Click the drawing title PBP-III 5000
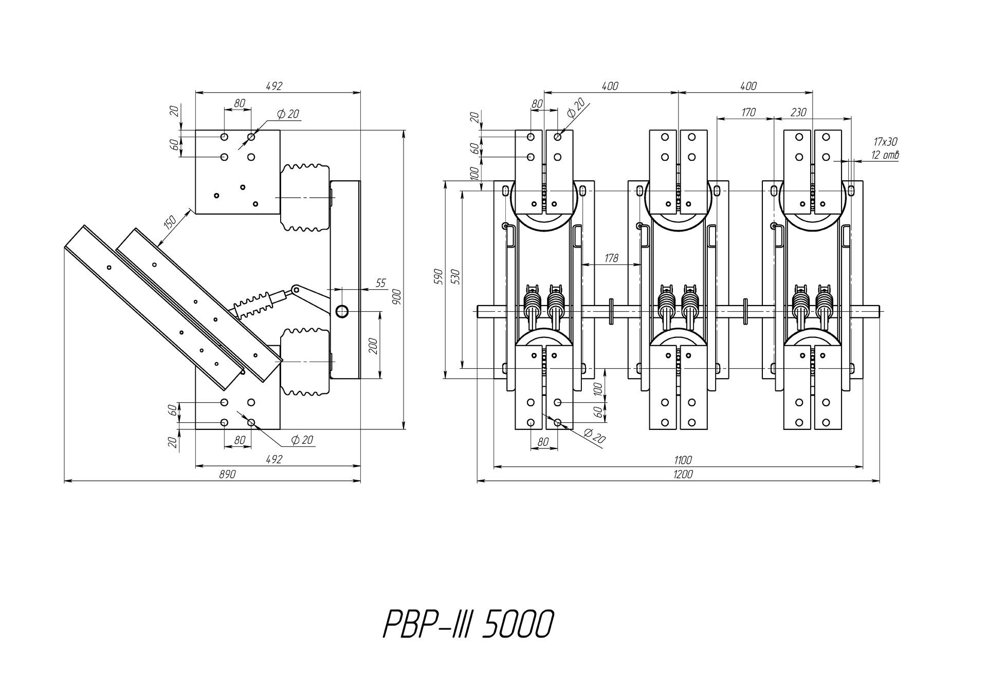(468, 624)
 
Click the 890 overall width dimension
(227, 475)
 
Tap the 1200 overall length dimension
(683, 475)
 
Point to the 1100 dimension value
(683, 460)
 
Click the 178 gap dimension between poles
(611, 258)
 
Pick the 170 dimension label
(748, 112)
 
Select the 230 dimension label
(798, 112)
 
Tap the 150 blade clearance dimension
(170, 221)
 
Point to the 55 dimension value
(381, 283)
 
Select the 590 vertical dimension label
(438, 276)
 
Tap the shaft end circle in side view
(342, 311)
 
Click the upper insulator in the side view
(304, 197)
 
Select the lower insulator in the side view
(304, 363)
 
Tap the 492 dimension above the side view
(274, 86)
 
